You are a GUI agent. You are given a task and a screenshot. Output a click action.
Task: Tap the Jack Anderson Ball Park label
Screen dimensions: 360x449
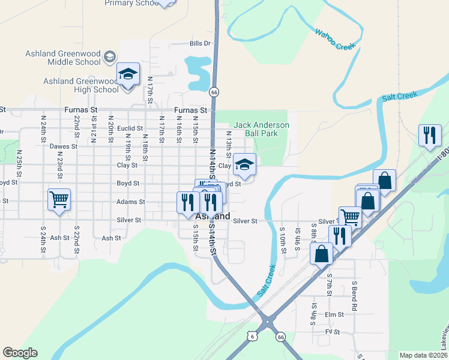(x=262, y=129)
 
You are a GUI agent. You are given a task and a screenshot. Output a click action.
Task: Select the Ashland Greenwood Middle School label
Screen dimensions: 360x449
(x=63, y=58)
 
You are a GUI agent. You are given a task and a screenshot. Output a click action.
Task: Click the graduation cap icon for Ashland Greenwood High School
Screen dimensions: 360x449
(x=128, y=74)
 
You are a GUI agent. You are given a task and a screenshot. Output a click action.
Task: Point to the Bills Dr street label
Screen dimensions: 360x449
(x=200, y=43)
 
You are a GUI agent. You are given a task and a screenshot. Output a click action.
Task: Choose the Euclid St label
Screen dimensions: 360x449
(x=130, y=128)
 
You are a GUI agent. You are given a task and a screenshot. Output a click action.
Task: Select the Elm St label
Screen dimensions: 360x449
(x=334, y=314)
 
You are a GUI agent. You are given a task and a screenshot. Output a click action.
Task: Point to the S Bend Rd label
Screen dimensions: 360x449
(x=355, y=295)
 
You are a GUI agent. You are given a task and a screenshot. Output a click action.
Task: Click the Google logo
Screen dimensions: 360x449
(x=20, y=353)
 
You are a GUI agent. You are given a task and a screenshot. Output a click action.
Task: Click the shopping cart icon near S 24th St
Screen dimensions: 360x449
(x=59, y=199)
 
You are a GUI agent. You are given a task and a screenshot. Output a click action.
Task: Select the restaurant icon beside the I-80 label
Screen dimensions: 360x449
(x=430, y=136)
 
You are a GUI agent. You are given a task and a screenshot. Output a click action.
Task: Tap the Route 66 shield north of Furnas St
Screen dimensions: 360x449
(x=214, y=92)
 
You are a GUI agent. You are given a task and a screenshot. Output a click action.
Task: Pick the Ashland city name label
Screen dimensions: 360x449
(x=212, y=216)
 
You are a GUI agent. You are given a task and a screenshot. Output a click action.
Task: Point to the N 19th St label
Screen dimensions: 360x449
(x=127, y=145)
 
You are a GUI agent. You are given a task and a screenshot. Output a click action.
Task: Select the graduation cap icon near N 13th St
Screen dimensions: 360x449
(x=245, y=164)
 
